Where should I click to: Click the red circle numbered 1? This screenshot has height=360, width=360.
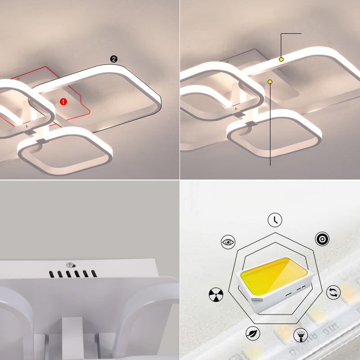(x=63, y=102)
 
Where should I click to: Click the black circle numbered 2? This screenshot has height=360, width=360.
(x=114, y=59)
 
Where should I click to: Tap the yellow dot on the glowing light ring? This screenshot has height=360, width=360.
(x=281, y=59)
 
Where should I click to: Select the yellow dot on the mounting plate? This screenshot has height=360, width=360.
(x=270, y=82)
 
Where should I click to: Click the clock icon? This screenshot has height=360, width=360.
(x=275, y=220)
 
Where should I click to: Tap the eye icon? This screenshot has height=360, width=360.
(x=228, y=242)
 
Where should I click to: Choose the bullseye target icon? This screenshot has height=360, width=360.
(x=322, y=239)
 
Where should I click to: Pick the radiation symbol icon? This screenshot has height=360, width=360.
(x=216, y=294)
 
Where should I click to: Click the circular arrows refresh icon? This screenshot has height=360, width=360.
(x=333, y=292)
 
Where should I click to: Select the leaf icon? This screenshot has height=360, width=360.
(x=253, y=333)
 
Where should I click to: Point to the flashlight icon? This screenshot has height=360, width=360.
(x=301, y=335)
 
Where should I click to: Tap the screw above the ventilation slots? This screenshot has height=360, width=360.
(x=71, y=265)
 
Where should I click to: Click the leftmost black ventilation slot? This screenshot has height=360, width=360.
(x=52, y=274)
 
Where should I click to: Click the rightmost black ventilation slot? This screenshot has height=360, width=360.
(x=94, y=274)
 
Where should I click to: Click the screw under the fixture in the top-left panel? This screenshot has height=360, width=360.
(x=27, y=126)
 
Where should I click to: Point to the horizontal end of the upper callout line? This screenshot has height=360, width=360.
(x=301, y=33)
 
